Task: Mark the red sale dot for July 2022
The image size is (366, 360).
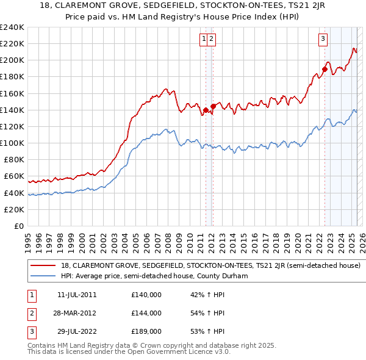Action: (325, 70)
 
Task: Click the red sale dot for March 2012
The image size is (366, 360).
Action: (213, 106)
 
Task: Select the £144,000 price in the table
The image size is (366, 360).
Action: (146, 313)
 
